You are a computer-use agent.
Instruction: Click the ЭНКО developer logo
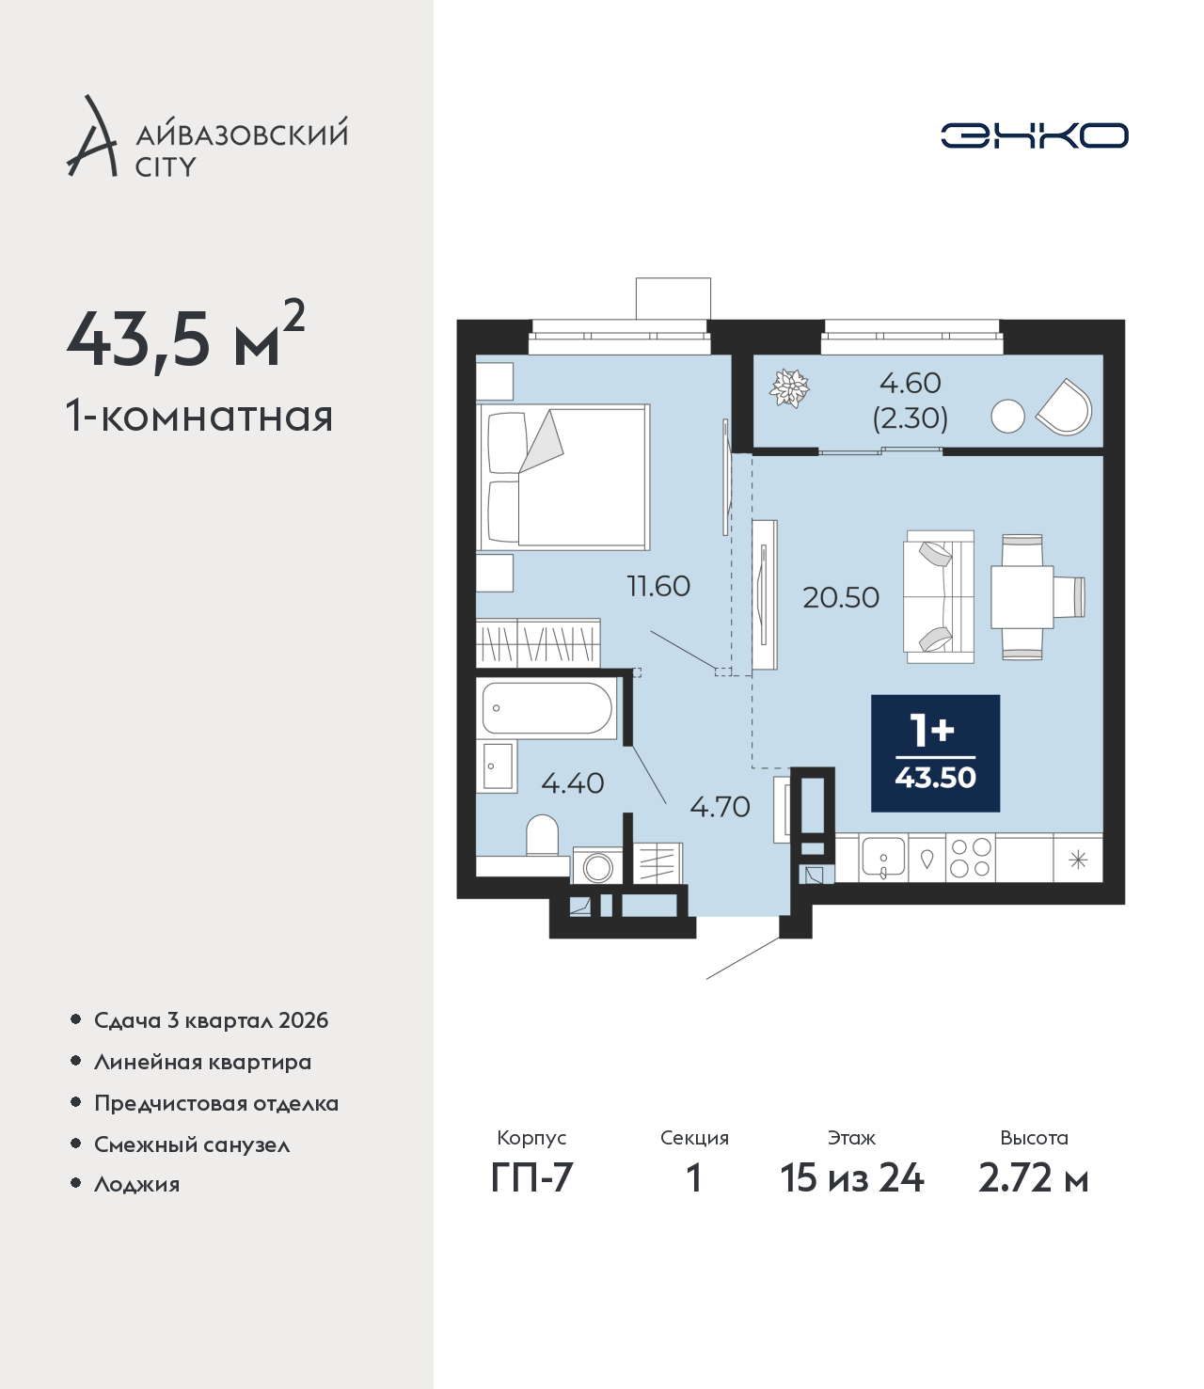pos(1034,135)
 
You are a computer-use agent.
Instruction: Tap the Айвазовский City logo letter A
pos(92,136)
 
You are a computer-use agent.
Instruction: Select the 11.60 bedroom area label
pos(658,586)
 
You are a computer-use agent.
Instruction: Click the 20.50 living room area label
pos(840,597)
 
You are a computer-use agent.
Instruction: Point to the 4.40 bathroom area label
pos(573,782)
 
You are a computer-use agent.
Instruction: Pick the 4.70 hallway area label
pos(720,806)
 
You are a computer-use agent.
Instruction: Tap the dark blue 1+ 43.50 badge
pos(935,753)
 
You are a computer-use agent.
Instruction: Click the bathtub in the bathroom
pos(547,708)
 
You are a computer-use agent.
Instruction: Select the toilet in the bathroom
pos(542,834)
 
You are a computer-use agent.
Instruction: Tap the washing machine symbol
pos(597,865)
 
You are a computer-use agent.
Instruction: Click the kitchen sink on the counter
pos(882,858)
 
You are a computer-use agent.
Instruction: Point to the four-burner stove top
pos(971,858)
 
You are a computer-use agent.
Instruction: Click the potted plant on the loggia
pos(789,387)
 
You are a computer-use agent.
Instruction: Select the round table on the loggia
pos(1007,417)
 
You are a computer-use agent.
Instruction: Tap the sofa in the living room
pos(939,597)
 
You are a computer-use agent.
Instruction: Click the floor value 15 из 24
pos(852,1178)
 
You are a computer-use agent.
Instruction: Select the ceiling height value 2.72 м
pos(1033,1178)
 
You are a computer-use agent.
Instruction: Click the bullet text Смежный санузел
pos(192,1144)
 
